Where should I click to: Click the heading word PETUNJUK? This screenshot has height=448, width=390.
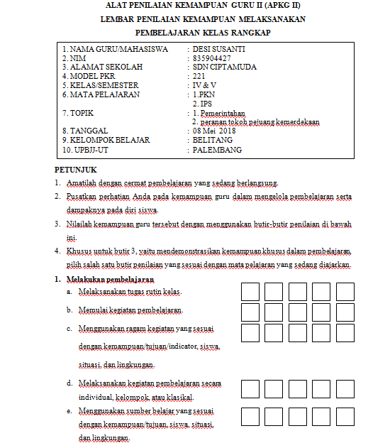tap(75, 170)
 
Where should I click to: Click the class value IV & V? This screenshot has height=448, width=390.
tap(205, 85)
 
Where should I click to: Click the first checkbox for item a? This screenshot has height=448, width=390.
tap(250, 292)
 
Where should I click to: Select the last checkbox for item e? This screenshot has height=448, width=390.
tap(345, 416)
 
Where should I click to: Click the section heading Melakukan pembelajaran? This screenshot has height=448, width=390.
tap(115, 280)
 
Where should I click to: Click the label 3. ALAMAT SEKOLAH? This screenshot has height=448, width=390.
tap(102, 67)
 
